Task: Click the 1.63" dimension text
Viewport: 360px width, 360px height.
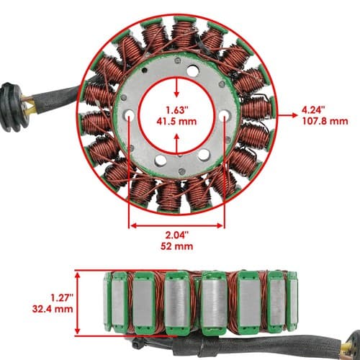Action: [x=177, y=110]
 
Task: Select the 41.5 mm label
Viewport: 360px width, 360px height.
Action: [x=176, y=122]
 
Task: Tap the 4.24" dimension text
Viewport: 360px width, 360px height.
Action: [x=313, y=110]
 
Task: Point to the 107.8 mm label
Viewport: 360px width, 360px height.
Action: [x=325, y=121]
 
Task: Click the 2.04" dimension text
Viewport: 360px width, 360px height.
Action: [x=176, y=235]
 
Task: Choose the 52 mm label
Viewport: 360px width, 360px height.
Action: [x=176, y=246]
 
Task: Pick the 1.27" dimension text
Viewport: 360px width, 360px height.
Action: [x=61, y=297]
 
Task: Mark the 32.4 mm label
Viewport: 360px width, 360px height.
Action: [x=53, y=309]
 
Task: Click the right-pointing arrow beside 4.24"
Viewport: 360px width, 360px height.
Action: [x=287, y=115]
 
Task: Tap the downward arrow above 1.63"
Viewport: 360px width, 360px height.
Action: [x=177, y=87]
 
